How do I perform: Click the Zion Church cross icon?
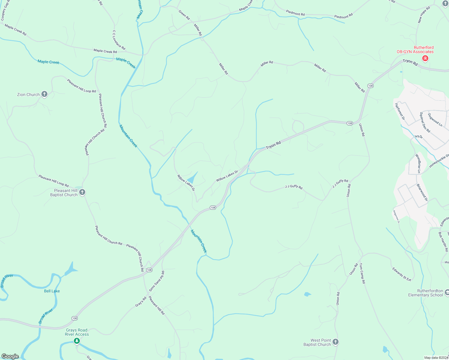pyautogui.click(x=44, y=94)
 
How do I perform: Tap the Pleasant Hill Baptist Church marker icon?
pyautogui.click(x=82, y=192)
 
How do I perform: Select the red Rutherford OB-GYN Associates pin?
pyautogui.click(x=425, y=58)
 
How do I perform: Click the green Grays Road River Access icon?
pyautogui.click(x=77, y=341)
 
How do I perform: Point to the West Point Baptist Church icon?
pyautogui.click(x=336, y=342)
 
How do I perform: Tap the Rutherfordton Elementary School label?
pyautogui.click(x=425, y=293)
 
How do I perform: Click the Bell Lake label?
pyautogui.click(x=52, y=291)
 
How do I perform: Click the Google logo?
pyautogui.click(x=10, y=356)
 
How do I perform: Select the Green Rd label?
pyautogui.click(x=184, y=15)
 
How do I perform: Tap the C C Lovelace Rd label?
pyautogui.click(x=119, y=40)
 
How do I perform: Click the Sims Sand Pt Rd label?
pyautogui.click(x=157, y=281)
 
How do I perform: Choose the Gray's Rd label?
pyautogui.click(x=140, y=302)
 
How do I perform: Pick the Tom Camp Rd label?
pyautogui.click(x=362, y=273)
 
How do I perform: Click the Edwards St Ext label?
pyautogui.click(x=402, y=274)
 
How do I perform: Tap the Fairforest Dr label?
pyautogui.click(x=400, y=112)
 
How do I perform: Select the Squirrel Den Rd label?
pyautogui.click(x=425, y=122)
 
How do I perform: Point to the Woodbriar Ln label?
pyautogui.click(x=418, y=163)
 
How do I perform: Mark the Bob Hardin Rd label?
pyautogui.click(x=443, y=241)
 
